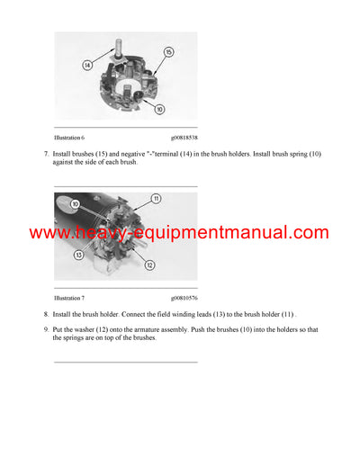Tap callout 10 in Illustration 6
click(x=159, y=110)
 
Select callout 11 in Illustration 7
click(x=156, y=198)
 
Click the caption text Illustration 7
click(x=69, y=297)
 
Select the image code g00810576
click(x=184, y=297)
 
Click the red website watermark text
click(x=179, y=233)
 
